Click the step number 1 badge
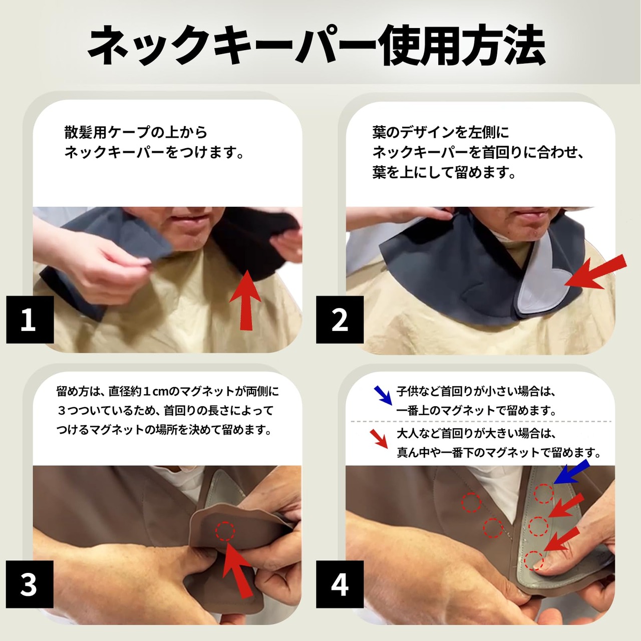30,319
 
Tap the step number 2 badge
340,319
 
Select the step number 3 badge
30,584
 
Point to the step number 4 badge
340,584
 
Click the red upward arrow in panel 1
245,300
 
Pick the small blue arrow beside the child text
383,395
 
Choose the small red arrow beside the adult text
379,439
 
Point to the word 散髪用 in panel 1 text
85,132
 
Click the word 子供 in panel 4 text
408,392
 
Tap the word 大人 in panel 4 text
408,434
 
